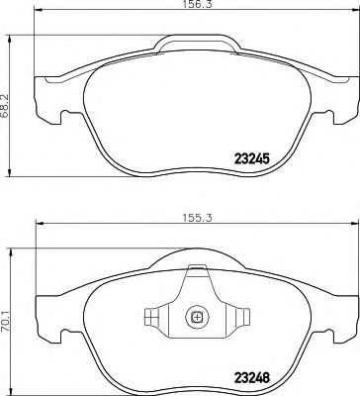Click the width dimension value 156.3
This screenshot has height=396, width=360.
pos(195,7)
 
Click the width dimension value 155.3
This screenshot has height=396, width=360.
pos(195,213)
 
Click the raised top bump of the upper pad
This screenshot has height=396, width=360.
pos(196,42)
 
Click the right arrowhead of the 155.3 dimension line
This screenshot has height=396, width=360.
pos(352,223)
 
